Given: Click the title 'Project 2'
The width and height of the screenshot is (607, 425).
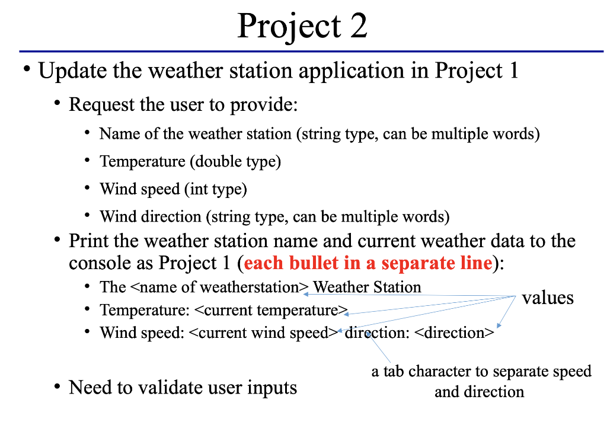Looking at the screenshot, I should click(302, 26).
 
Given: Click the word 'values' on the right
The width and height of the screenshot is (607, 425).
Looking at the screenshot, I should click(548, 298).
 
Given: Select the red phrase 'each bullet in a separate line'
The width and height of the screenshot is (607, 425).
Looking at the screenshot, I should click(368, 263).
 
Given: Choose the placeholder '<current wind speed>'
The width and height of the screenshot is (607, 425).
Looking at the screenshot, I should click(263, 333).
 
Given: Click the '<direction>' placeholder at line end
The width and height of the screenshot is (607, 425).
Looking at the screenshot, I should click(453, 333).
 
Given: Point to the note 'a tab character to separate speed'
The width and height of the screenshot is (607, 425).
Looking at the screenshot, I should click(481, 372).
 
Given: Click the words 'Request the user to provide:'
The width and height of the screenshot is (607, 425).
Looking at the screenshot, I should click(183, 105).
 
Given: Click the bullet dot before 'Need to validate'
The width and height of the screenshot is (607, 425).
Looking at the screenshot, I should click(57, 388).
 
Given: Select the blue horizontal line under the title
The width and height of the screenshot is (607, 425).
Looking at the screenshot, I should click(311, 52).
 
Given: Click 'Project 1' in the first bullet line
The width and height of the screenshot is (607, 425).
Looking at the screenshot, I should click(477, 71).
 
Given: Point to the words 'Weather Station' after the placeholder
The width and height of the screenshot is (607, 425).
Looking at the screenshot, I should click(367, 287).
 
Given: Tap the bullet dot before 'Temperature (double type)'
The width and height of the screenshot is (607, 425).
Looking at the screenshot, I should click(87, 161).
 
